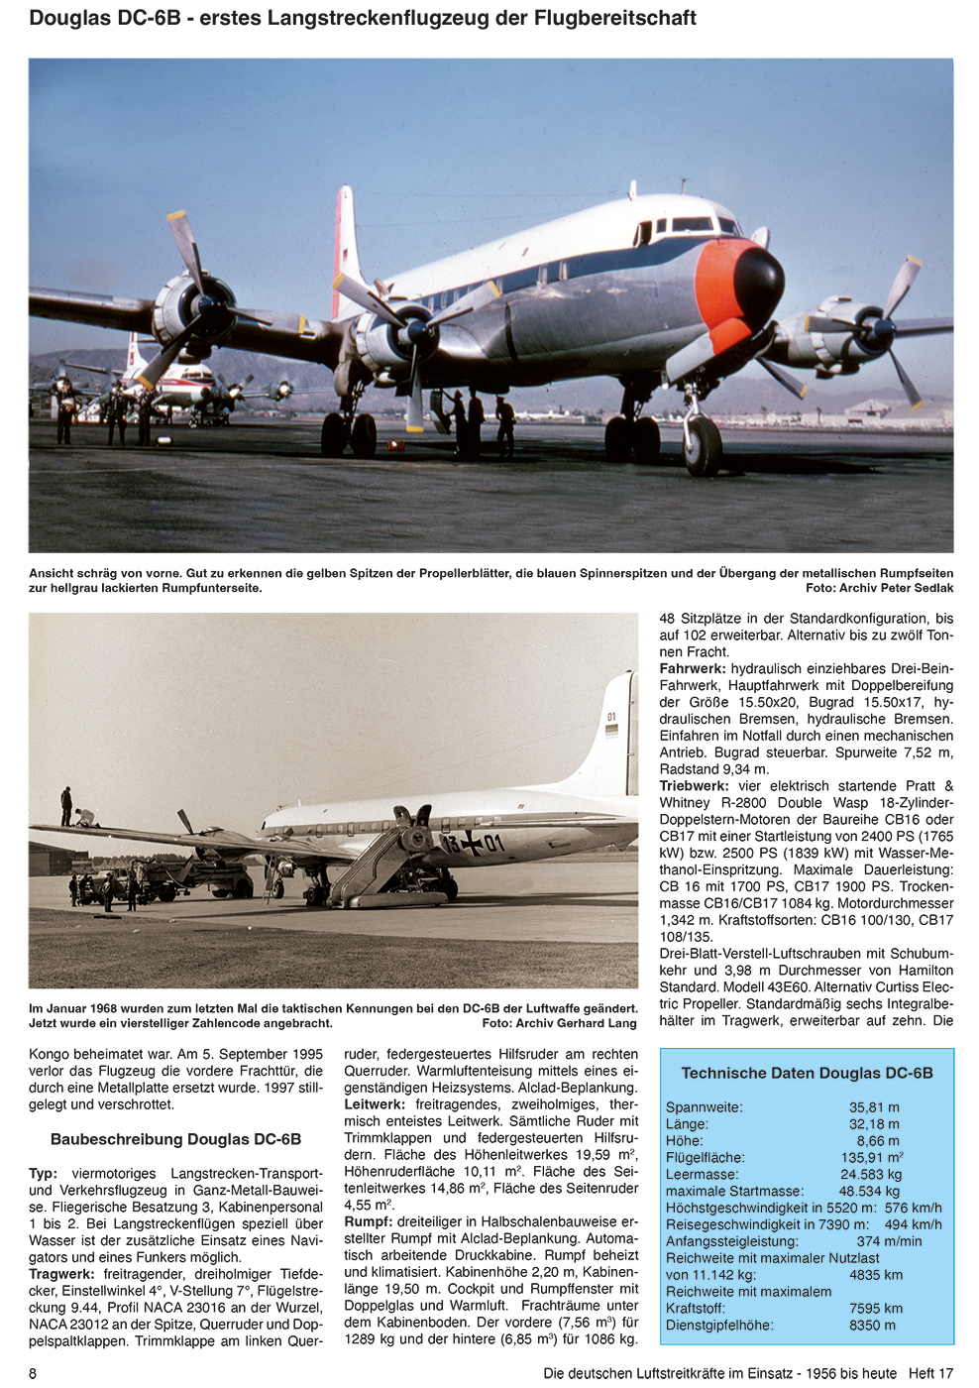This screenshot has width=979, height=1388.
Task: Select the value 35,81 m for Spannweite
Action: click(x=874, y=1107)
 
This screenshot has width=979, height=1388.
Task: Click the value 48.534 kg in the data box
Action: click(x=869, y=1191)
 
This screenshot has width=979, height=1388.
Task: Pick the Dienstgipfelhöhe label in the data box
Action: click(x=719, y=1325)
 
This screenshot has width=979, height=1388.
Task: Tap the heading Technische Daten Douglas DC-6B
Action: click(x=807, y=1073)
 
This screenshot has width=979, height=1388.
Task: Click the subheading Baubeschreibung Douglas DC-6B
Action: click(x=175, y=1139)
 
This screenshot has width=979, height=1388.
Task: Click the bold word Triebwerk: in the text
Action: click(x=694, y=786)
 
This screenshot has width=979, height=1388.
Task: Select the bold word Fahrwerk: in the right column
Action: click(x=693, y=669)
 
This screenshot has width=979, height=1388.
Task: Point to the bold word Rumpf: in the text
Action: click(x=369, y=1222)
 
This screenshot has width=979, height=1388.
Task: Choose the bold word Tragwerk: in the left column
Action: click(x=61, y=1274)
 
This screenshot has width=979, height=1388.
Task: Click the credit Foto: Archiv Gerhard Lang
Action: click(x=559, y=1023)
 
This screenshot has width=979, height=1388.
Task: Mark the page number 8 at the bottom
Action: click(x=34, y=1373)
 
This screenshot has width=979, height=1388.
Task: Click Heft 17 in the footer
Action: click(x=930, y=1373)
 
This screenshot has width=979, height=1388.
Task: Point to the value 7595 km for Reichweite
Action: click(x=876, y=1308)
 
